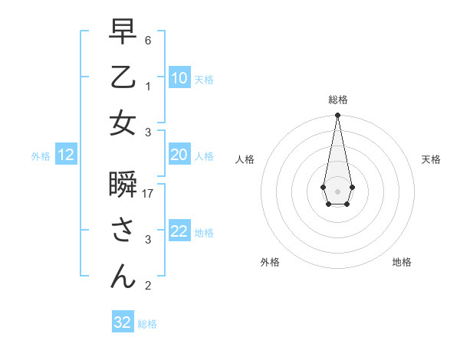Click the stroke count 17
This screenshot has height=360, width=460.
point(149,194)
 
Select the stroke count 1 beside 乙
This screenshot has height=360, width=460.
point(148,87)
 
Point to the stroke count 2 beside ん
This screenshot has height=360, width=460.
point(148,286)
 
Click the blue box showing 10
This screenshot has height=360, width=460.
point(179,78)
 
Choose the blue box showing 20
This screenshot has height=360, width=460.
point(179,155)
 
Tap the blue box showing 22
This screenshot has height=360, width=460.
point(179,231)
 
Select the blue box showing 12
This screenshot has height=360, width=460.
point(66,155)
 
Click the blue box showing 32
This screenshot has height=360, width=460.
point(123,322)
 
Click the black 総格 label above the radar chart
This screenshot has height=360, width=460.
point(337,100)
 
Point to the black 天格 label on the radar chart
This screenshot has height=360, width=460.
point(432,159)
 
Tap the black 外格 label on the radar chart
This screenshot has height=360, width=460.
point(270,262)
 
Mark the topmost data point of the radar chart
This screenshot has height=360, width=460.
point(337,116)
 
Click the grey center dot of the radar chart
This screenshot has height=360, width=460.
point(337,190)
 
